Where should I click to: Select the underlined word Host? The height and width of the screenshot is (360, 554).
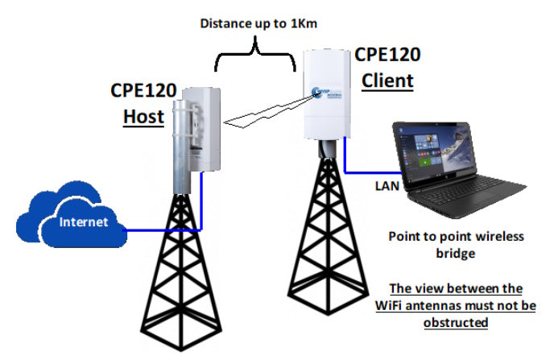(x=143, y=115)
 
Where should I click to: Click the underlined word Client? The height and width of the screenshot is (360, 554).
(x=387, y=80)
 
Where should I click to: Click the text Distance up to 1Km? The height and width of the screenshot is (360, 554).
(x=259, y=23)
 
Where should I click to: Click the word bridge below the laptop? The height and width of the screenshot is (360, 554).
(x=455, y=253)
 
